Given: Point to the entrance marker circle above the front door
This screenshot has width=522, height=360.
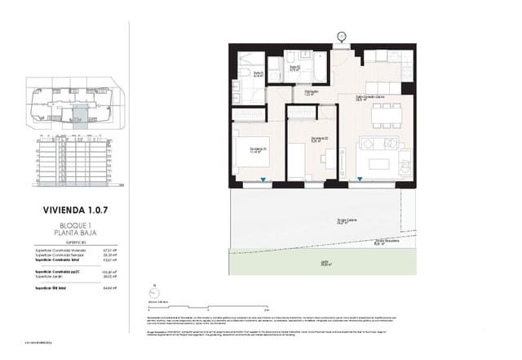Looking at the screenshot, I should coord(341,35).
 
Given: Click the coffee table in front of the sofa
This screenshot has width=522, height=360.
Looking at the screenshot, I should coord(380,163).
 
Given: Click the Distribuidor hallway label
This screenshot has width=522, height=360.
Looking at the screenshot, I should coord(312,93).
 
